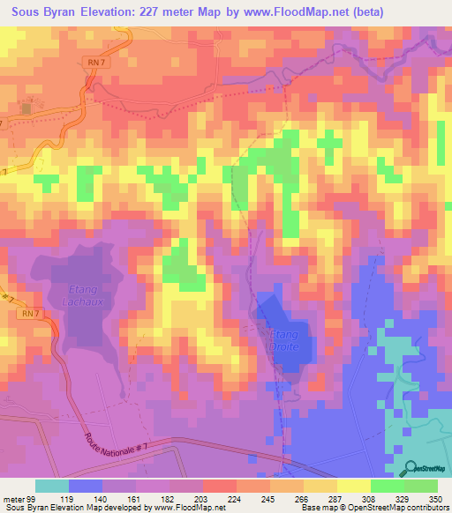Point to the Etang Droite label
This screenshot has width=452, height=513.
pos(284,340)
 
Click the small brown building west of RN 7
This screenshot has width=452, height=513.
pos(26,108)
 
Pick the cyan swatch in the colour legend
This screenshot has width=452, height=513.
pos(52,486)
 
